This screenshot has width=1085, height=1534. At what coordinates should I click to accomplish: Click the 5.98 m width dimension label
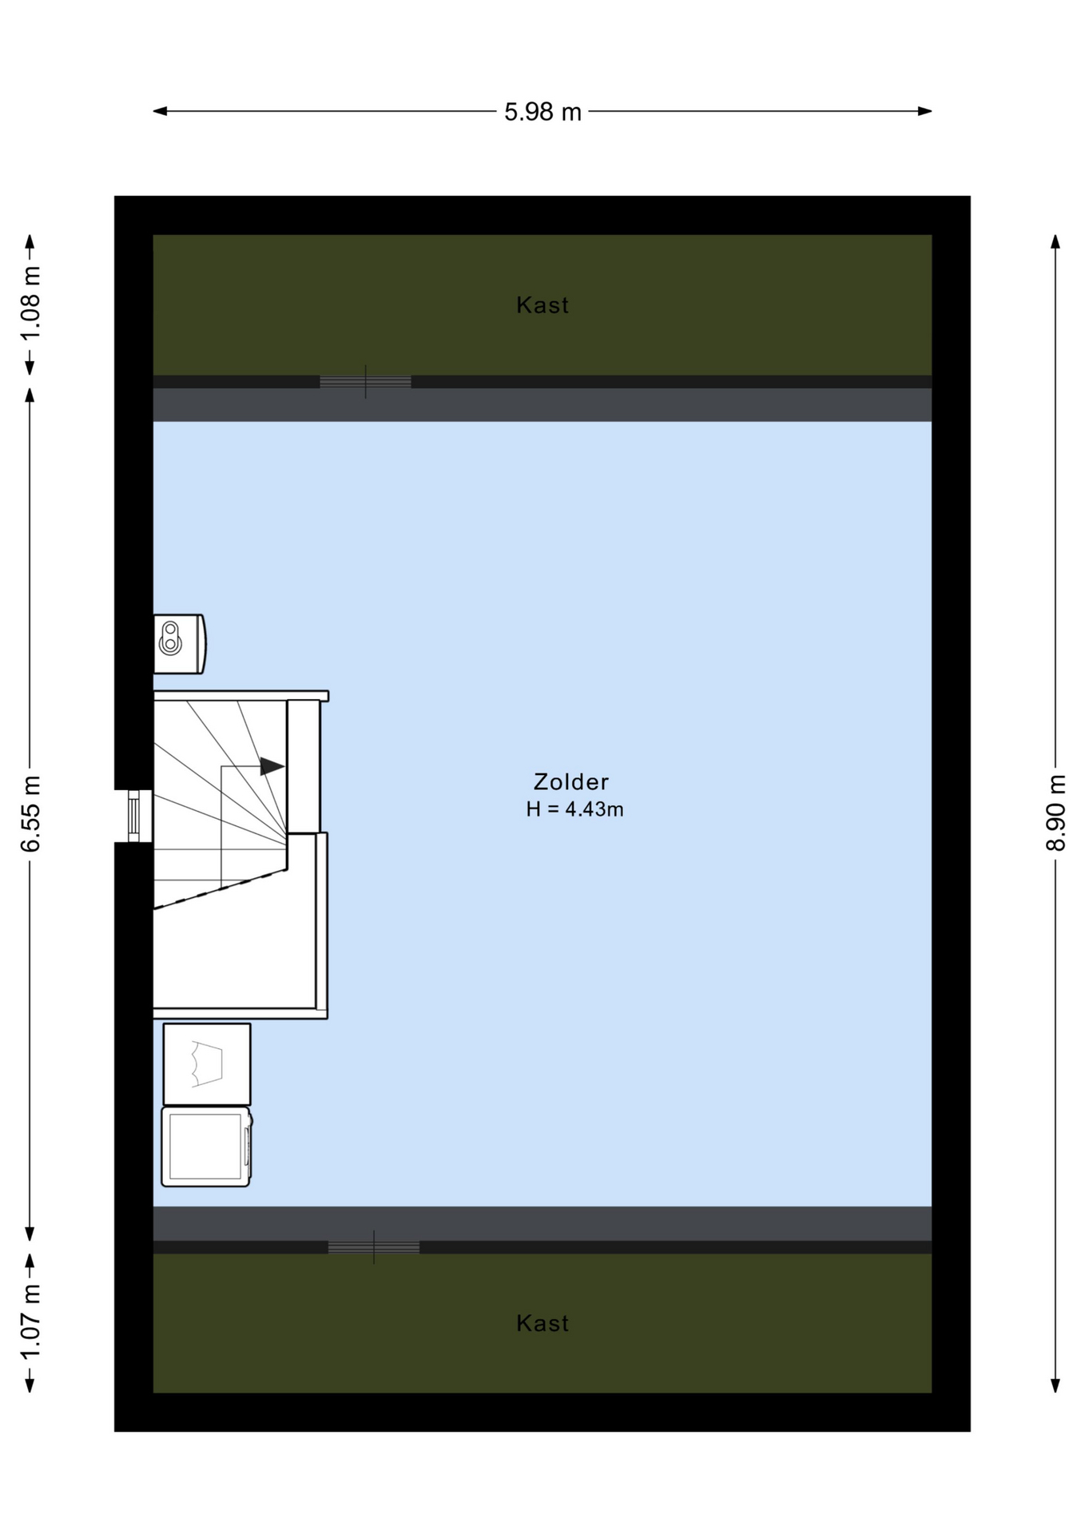click(542, 112)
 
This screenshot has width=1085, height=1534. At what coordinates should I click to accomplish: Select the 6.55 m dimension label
click(30, 813)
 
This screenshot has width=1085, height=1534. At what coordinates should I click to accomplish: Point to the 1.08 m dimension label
click(30, 304)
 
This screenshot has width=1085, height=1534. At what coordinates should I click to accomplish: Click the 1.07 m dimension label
click(30, 1322)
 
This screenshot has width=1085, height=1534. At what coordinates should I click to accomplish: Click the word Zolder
click(571, 781)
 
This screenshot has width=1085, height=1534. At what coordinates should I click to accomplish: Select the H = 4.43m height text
click(574, 809)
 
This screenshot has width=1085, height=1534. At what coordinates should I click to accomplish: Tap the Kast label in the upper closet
click(542, 305)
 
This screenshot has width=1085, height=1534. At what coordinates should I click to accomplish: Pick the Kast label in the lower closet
click(542, 1323)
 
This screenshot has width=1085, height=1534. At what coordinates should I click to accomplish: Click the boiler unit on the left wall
click(180, 644)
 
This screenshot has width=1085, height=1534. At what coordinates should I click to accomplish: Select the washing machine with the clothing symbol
click(207, 1064)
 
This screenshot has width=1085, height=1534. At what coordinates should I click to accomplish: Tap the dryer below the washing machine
click(207, 1147)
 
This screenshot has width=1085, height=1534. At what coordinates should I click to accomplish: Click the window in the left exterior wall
click(134, 816)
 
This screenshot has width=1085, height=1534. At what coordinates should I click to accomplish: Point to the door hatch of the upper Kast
click(365, 382)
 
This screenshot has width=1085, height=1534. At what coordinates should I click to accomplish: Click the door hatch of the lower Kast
click(373, 1247)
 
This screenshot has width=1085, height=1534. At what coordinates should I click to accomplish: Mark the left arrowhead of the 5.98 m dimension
click(160, 111)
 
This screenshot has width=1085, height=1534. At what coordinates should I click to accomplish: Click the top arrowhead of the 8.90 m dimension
click(1055, 241)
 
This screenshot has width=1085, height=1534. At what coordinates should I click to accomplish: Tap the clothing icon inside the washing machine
click(207, 1064)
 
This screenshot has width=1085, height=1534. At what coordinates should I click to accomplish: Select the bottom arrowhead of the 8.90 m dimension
click(1055, 1385)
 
